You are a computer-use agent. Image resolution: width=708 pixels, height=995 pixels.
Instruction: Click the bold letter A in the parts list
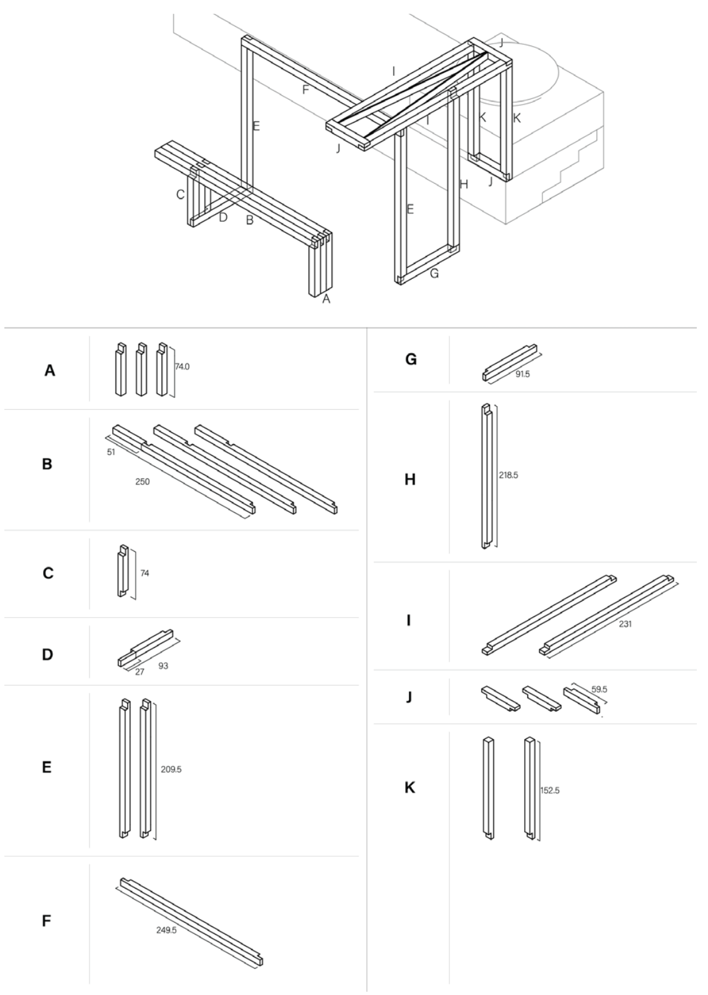(50, 371)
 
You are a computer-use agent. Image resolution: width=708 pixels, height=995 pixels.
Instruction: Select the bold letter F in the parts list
(47, 920)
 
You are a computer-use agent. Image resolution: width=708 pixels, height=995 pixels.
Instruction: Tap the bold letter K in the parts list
(409, 788)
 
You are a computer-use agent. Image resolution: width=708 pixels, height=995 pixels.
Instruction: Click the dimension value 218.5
(508, 475)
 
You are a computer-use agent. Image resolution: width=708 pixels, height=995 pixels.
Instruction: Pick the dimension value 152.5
(550, 790)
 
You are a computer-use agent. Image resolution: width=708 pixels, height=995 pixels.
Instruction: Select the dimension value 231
(624, 623)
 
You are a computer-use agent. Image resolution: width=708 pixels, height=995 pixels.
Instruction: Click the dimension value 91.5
(522, 374)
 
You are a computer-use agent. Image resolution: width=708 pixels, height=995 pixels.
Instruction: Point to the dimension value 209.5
(171, 769)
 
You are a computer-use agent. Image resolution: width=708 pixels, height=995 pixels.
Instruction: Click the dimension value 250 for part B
(142, 481)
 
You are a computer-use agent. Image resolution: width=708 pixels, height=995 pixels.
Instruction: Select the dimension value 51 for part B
(111, 452)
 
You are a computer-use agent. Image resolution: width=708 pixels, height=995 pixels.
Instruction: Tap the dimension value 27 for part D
(139, 672)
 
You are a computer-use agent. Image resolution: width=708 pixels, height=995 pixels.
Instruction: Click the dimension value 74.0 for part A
(182, 367)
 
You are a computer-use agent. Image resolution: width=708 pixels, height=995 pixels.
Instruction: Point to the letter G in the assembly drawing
(434, 273)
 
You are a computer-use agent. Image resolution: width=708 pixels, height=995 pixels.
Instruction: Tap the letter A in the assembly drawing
(326, 299)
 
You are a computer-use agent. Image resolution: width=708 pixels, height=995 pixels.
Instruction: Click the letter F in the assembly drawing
(305, 90)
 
